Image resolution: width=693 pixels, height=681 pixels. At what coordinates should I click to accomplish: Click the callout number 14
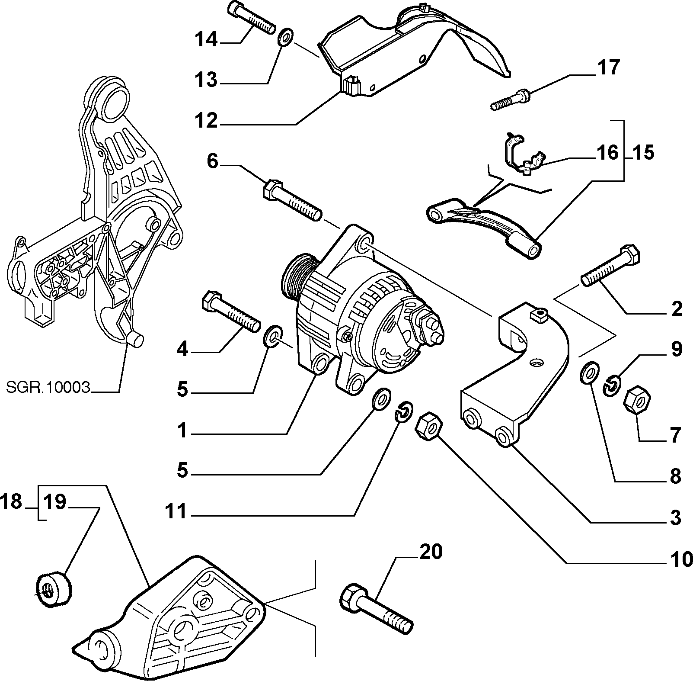coord(207,40)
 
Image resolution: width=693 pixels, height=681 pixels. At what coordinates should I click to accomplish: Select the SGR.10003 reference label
coord(48,387)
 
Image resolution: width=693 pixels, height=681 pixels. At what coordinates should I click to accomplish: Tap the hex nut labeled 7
coord(637,401)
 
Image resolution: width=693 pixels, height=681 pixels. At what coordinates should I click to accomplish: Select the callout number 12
coord(207,121)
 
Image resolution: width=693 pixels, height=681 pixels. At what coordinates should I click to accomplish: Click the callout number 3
coord(674,517)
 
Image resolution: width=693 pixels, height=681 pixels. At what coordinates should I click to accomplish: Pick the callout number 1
coord(183,430)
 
